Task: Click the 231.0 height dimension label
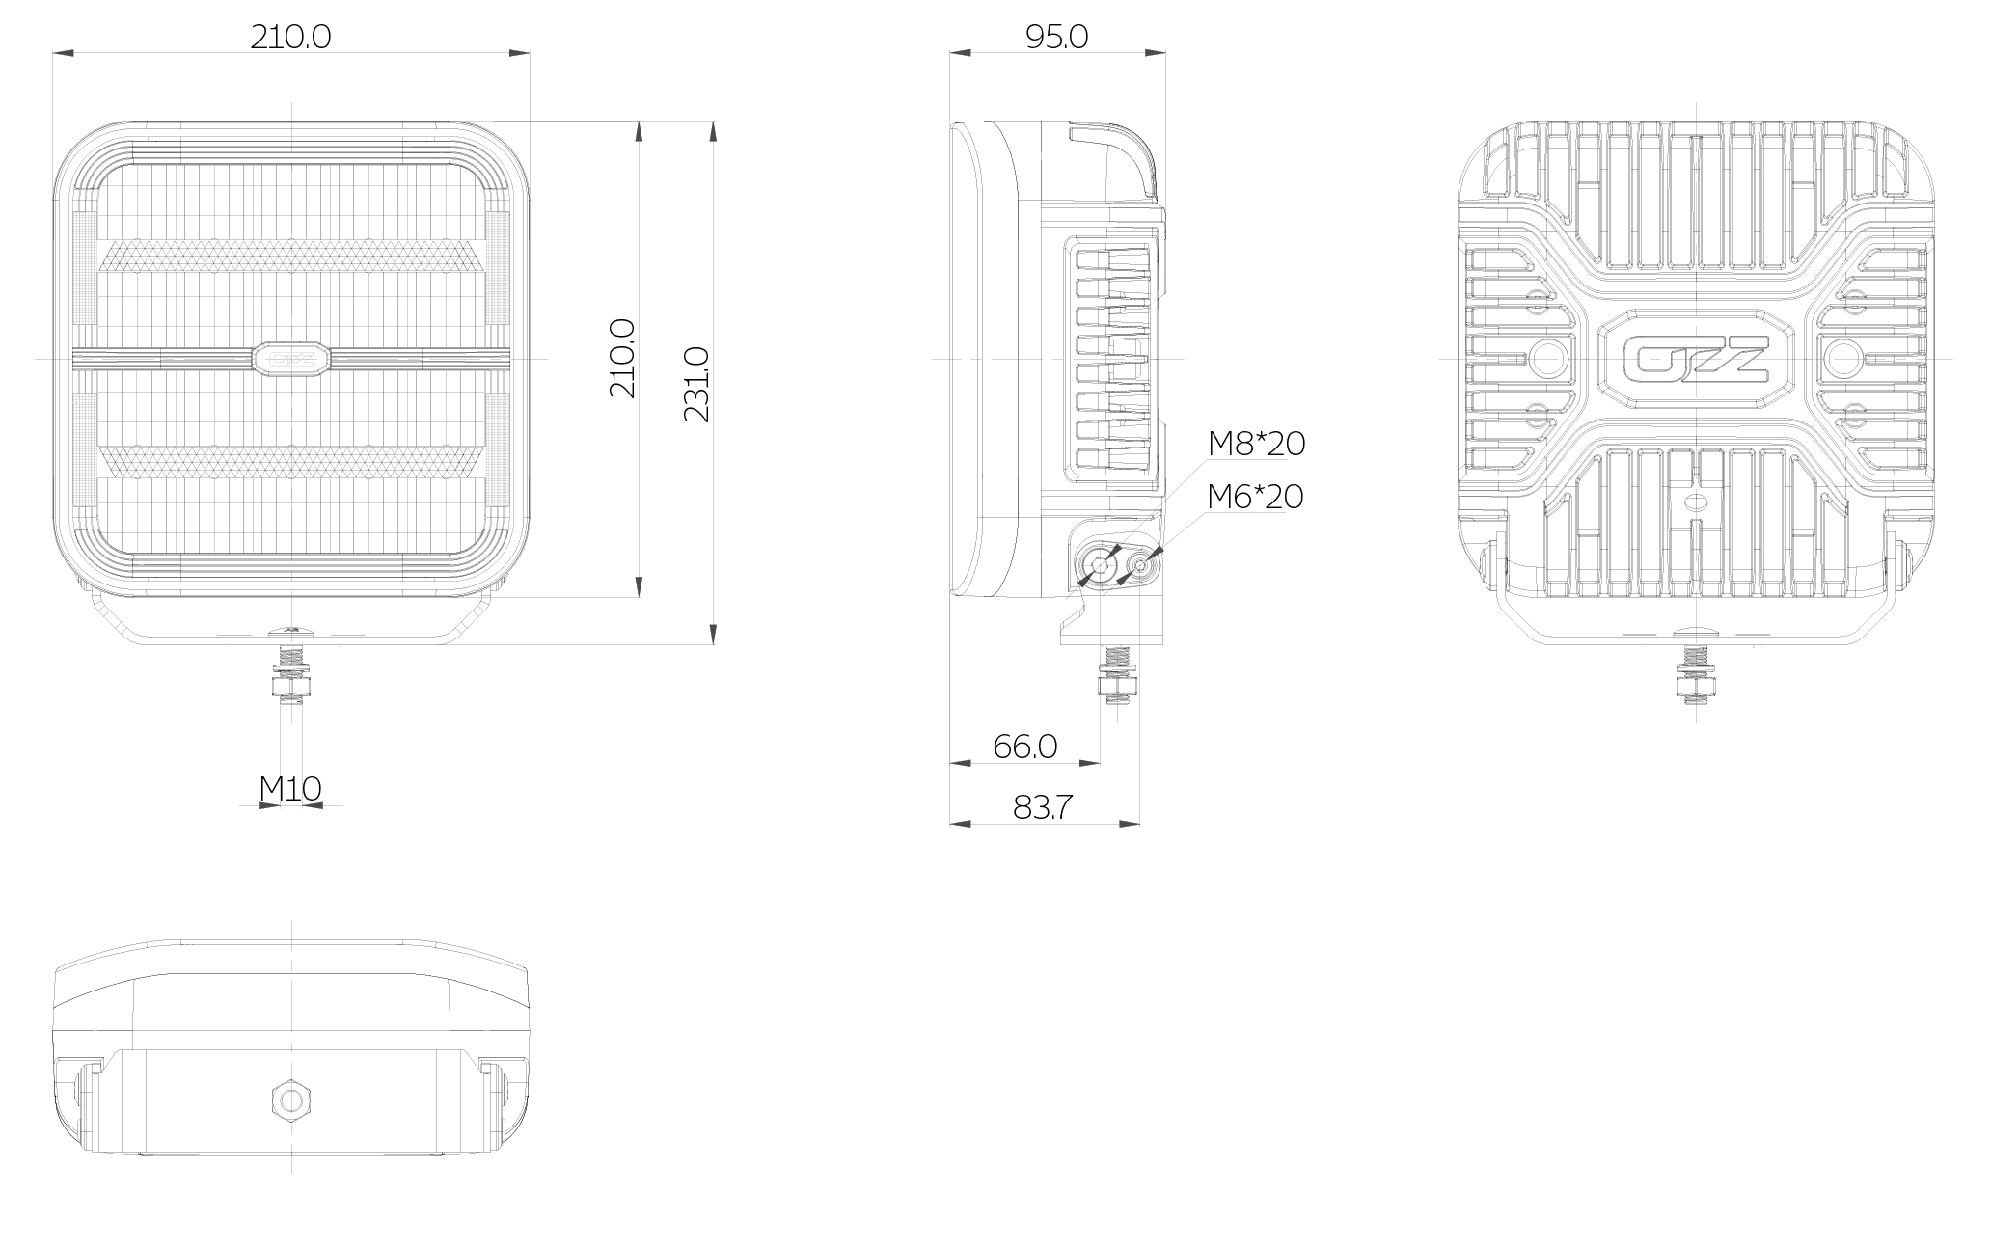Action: coord(695,384)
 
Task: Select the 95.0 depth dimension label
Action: coord(1057,37)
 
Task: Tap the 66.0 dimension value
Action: coord(1025,746)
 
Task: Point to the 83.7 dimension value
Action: coord(1043,807)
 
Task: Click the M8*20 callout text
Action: coord(1256,444)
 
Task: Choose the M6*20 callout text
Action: coord(1255,497)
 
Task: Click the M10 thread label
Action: coord(290,789)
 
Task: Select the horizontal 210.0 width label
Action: coord(290,37)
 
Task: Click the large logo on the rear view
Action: coord(1696,359)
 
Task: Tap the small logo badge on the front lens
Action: coord(291,359)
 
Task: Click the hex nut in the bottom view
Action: coord(289,1098)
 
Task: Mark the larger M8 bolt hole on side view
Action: coord(1100,566)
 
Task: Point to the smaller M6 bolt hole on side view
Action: coord(1141,567)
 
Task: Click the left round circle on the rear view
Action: coord(1548,359)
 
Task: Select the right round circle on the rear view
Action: coord(1842,359)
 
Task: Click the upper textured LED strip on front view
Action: coord(291,256)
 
